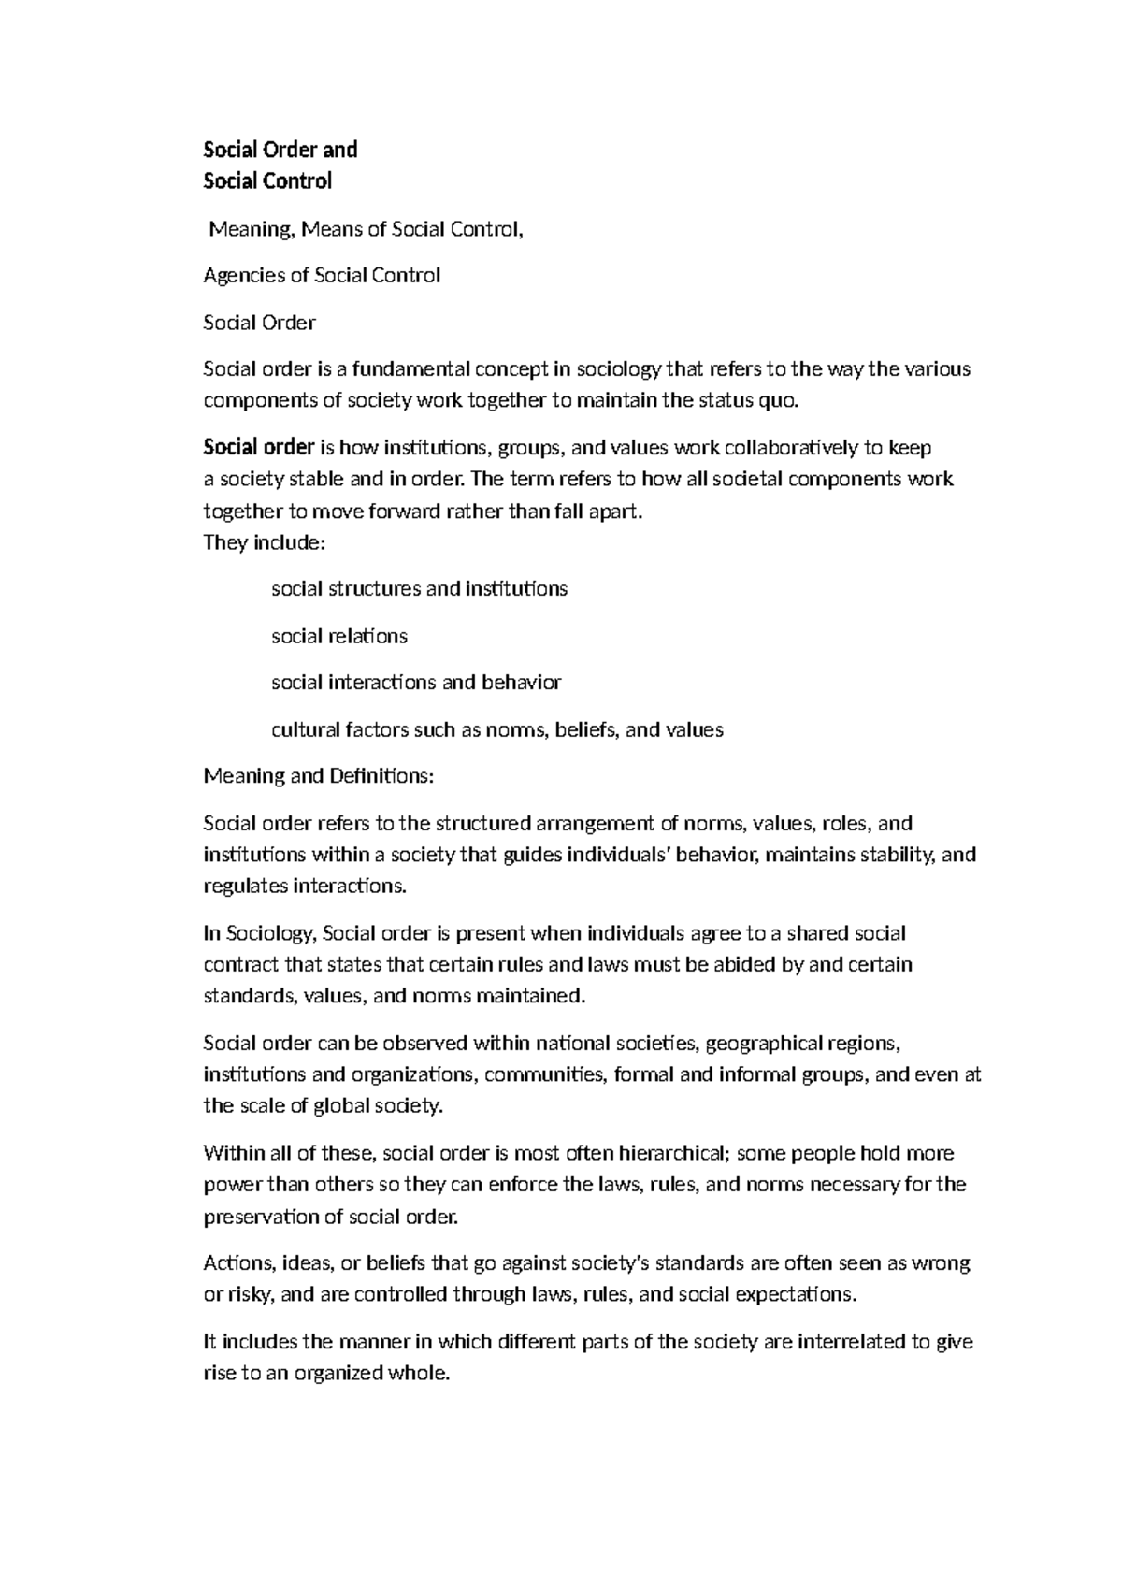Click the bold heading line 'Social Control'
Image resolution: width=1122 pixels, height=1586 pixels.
[267, 180]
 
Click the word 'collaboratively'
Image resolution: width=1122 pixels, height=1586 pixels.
[790, 448]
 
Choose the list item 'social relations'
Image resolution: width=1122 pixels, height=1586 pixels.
[339, 636]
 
